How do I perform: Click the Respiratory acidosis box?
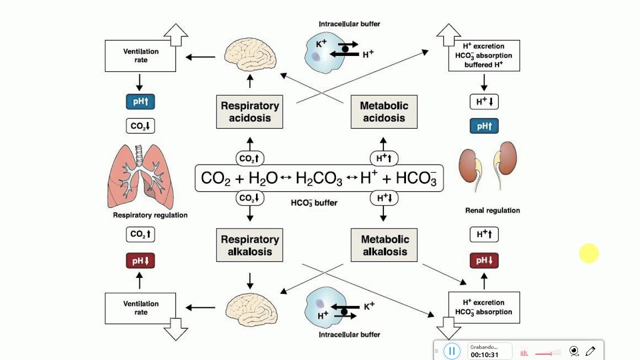point(249,112)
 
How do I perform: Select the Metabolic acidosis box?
point(384,112)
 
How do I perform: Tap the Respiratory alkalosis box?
point(249,245)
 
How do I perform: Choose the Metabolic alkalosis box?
point(384,245)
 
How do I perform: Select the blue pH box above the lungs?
point(140,102)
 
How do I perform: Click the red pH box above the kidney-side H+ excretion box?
point(484,260)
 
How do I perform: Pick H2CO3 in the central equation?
point(319,178)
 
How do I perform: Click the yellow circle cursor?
point(589,253)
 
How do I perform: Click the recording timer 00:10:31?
point(484,354)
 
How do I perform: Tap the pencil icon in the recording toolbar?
point(590,351)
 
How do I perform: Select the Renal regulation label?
point(492,210)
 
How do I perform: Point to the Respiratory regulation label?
point(150,215)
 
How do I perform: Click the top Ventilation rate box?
point(140,55)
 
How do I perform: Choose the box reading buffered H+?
point(484,55)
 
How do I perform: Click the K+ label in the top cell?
point(321,44)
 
